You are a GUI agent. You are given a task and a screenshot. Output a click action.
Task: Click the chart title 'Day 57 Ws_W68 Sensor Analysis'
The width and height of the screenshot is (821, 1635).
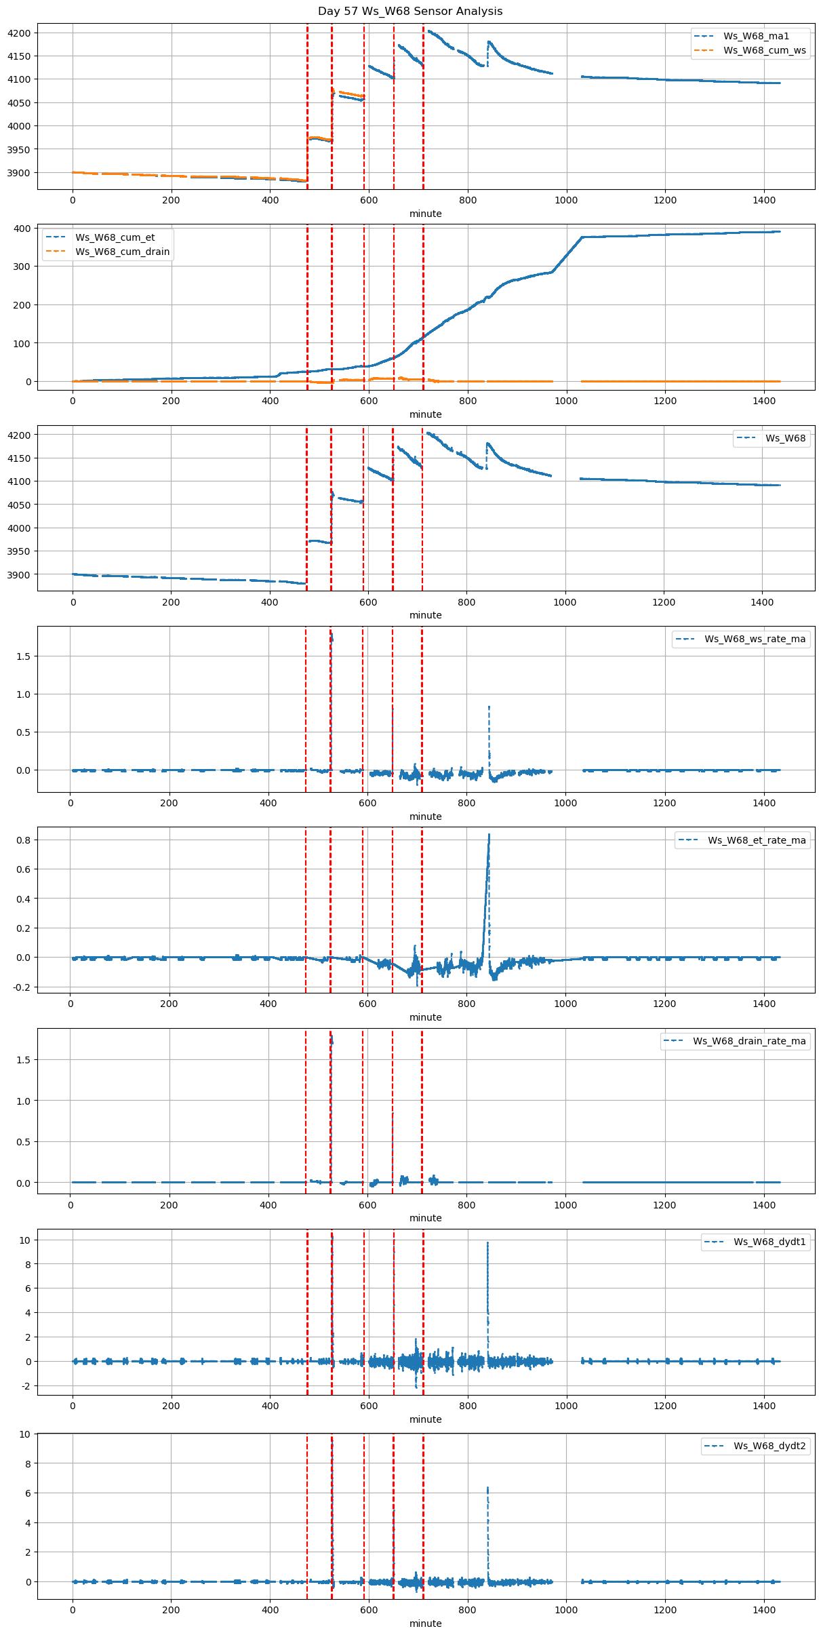[410, 11]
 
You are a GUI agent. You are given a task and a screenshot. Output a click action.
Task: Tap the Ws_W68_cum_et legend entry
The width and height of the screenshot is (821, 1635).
[115, 237]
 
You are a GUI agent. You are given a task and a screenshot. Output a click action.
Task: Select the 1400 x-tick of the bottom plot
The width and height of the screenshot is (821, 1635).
[764, 1609]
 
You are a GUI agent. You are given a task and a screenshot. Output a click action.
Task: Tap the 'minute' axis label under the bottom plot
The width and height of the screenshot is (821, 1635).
[426, 1623]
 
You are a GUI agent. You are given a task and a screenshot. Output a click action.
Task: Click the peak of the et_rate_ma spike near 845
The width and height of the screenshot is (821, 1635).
[489, 835]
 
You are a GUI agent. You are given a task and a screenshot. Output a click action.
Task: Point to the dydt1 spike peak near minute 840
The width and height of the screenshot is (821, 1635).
[487, 1242]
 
